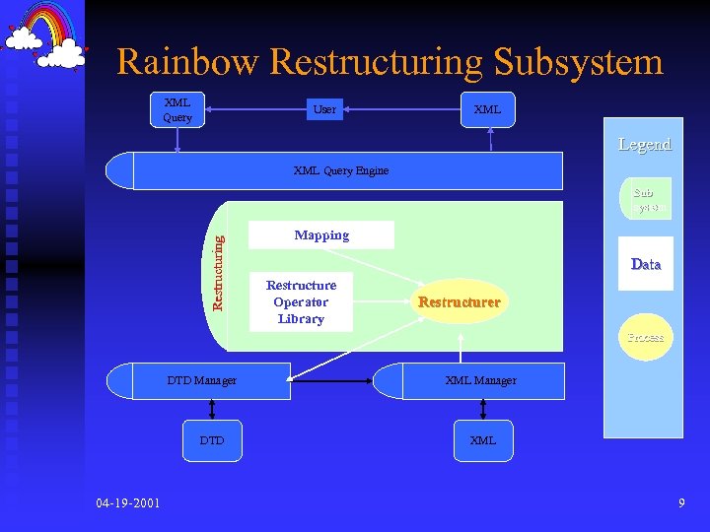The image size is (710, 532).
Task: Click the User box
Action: tap(324, 109)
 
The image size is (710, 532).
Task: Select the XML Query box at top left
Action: tap(177, 109)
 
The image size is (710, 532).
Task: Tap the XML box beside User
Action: tap(487, 109)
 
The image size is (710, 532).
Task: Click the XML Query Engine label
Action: tap(341, 170)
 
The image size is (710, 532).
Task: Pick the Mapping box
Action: tap(321, 235)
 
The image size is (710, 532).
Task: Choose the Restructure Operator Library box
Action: tap(301, 302)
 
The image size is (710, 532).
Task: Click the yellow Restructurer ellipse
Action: tap(459, 302)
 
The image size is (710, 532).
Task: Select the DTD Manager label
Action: tap(201, 380)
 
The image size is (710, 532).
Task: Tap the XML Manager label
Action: tap(480, 380)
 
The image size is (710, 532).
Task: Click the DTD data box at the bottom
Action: tap(212, 440)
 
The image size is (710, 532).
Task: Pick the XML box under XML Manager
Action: tap(483, 440)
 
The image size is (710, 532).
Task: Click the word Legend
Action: tap(644, 145)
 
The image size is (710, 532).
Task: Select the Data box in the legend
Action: tap(646, 264)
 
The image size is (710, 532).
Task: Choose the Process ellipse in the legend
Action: tap(646, 337)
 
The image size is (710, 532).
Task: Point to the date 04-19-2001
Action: tap(129, 504)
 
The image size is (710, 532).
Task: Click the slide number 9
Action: tap(681, 504)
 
